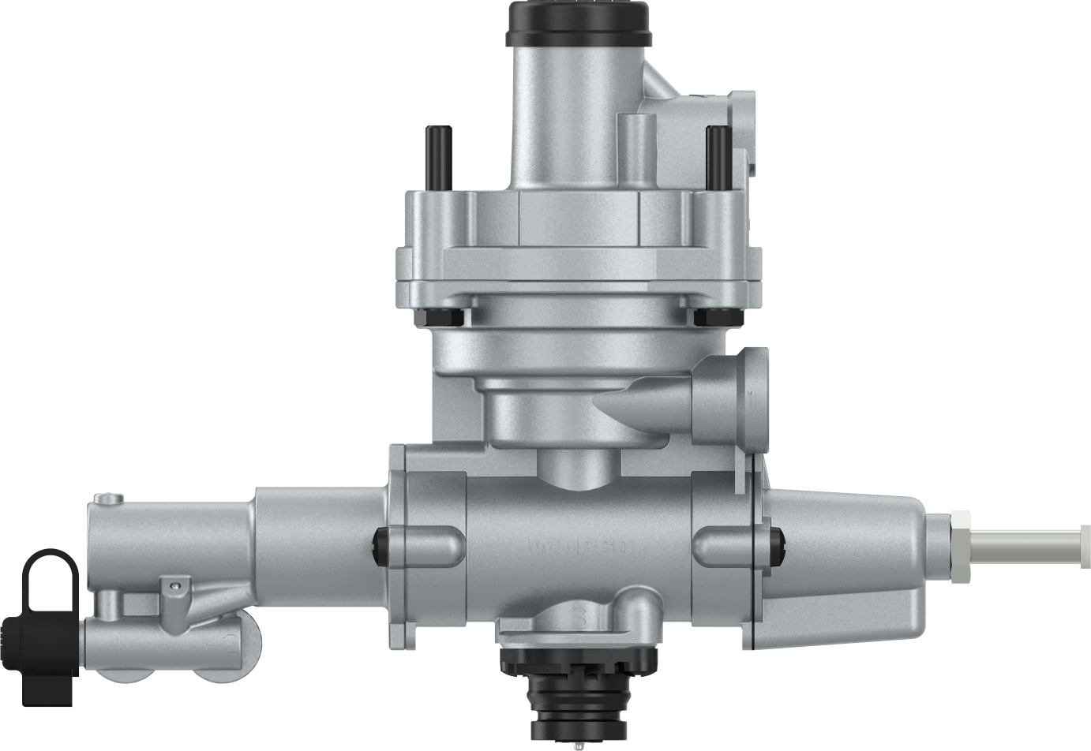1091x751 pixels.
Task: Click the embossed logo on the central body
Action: point(580,546)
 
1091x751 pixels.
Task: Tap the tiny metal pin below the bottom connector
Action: point(579,743)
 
